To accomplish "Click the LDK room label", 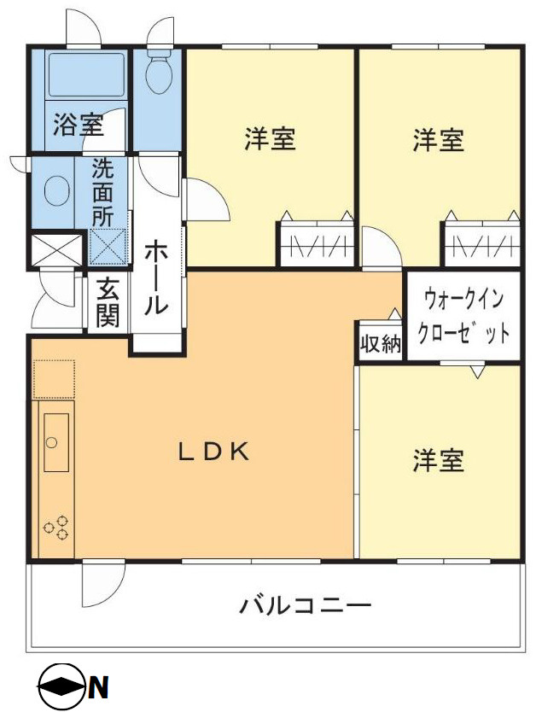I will [213, 452].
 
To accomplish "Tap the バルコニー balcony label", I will [305, 607].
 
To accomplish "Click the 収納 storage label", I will [380, 344].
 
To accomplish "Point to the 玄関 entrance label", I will [108, 303].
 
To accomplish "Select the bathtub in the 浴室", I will [86, 74].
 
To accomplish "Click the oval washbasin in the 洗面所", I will [57, 190].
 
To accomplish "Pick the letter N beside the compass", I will [98, 686].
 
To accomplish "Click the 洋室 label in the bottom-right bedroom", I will [439, 462].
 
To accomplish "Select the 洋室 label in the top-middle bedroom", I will [270, 139].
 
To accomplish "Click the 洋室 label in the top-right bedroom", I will [439, 139].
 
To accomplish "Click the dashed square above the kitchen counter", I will [54, 379].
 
